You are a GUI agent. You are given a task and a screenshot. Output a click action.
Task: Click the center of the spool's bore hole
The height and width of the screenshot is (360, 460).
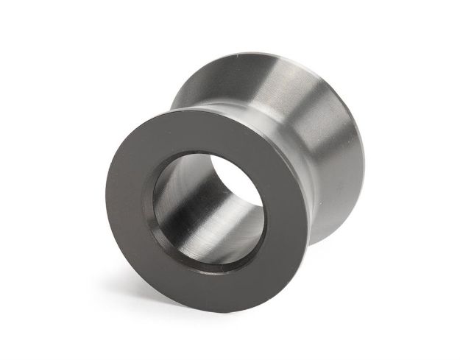click(x=208, y=208)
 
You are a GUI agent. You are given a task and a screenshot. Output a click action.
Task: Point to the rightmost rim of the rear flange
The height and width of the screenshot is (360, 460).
click(x=362, y=162)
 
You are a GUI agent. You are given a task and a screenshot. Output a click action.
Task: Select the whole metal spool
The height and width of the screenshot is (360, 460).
click(x=236, y=180)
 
